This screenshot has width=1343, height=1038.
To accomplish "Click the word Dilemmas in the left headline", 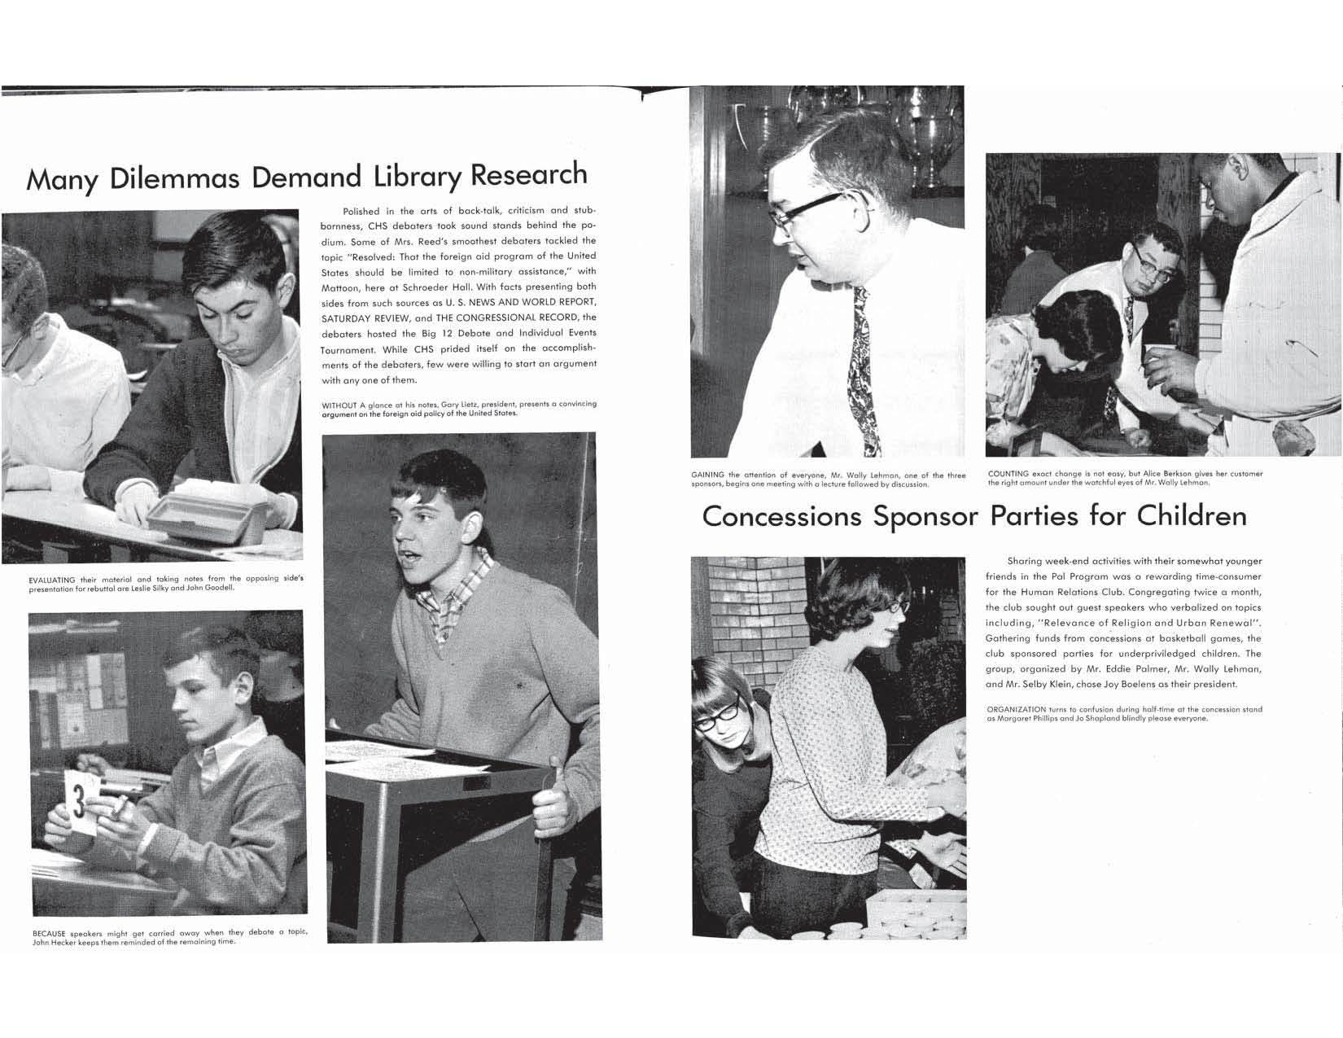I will pyautogui.click(x=173, y=178).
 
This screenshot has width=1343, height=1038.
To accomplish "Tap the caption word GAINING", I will pyautogui.click(x=708, y=475).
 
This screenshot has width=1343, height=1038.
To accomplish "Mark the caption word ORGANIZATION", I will pyautogui.click(x=1016, y=710).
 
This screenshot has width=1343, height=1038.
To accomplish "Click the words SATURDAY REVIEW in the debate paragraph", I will pyautogui.click(x=366, y=318).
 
